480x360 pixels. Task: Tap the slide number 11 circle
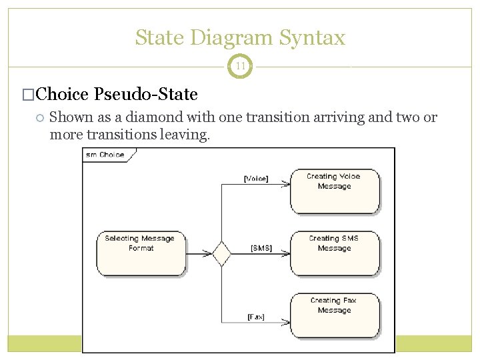[x=240, y=66]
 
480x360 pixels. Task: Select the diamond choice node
[x=221, y=254]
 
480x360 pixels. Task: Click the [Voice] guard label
[x=256, y=179]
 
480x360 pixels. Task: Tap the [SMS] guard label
[x=261, y=248]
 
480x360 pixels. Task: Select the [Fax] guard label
[x=255, y=317]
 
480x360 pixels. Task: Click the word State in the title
[x=159, y=37]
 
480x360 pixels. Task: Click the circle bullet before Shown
[x=40, y=118]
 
